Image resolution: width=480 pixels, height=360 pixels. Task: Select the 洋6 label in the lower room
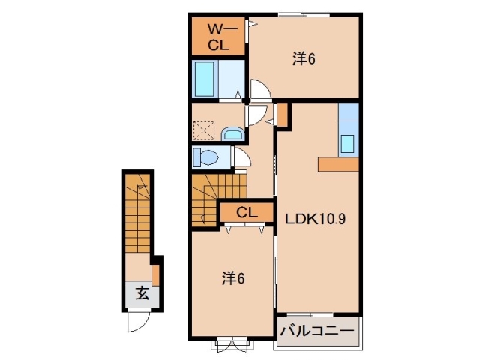[234, 278]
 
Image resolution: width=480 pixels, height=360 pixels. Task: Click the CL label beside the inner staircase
[247, 213]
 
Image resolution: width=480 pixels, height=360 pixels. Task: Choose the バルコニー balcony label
[318, 330]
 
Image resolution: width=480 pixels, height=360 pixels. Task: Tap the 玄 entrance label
[142, 293]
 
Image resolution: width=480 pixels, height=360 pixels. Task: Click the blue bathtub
[205, 78]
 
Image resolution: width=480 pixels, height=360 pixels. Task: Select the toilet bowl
[206, 157]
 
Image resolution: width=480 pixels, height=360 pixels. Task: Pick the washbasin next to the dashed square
[233, 133]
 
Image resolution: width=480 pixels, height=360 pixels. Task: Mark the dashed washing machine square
[204, 131]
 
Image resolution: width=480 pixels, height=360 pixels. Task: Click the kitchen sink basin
[348, 142]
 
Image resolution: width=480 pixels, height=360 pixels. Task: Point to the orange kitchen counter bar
[339, 164]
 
